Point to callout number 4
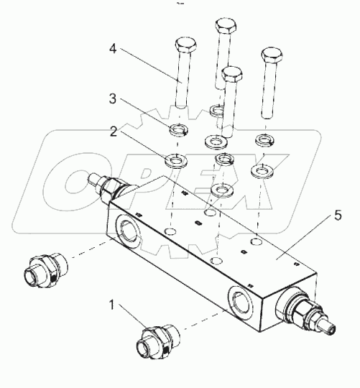(112, 50)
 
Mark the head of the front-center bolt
(231, 74)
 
